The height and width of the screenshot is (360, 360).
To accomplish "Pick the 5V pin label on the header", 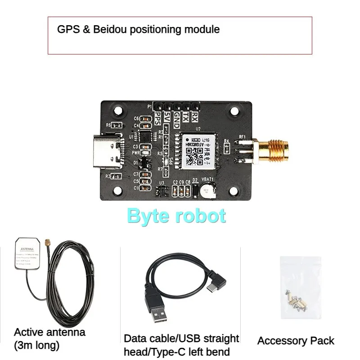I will [x=167, y=118].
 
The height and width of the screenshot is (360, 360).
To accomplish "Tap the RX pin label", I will [x=194, y=117].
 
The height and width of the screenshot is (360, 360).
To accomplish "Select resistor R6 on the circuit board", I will [x=116, y=125].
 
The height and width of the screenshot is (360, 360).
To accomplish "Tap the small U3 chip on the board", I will [x=161, y=191].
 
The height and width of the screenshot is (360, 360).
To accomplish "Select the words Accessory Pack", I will [x=296, y=341].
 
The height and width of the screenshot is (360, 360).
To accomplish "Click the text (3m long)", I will [x=37, y=346].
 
